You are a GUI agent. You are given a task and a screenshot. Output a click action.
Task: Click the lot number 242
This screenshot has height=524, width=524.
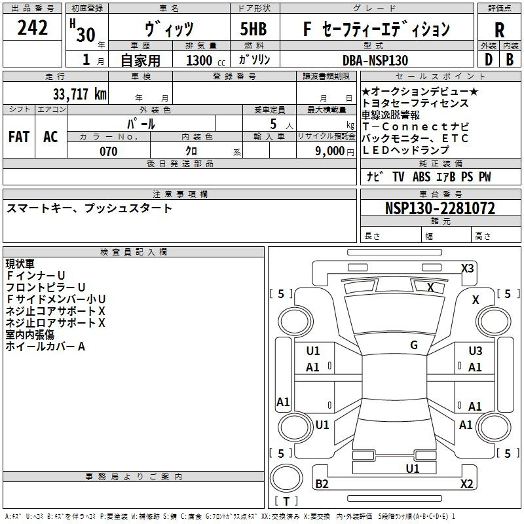pos(32,28)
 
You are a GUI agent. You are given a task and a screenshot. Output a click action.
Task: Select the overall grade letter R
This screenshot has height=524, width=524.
pos(499,30)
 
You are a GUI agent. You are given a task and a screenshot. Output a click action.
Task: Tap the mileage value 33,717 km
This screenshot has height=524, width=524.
pos(79,94)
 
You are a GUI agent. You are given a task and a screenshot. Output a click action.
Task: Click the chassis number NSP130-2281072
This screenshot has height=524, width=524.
pos(440,208)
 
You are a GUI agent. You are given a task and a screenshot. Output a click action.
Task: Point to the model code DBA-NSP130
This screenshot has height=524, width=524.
pos(375,60)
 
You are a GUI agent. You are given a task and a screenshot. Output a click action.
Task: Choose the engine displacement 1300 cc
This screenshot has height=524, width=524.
pos(206,60)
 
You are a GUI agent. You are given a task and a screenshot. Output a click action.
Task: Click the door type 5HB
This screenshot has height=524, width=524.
pos(253,29)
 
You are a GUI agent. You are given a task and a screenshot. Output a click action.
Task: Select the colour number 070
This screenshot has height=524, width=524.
pos(109,151)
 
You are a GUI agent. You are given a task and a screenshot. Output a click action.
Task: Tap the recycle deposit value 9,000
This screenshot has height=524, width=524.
pos(330,151)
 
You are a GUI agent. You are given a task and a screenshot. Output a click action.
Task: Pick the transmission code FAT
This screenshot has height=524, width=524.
pos(19,137)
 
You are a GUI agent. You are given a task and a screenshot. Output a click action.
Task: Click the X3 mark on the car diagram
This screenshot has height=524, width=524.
pos(467,269)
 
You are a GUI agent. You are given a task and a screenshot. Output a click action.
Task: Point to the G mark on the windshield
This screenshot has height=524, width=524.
pos(414,345)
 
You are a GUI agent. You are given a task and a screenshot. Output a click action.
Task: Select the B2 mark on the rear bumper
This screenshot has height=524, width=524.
pos(322,483)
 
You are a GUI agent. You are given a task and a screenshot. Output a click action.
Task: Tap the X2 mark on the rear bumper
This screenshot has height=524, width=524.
pos(466,483)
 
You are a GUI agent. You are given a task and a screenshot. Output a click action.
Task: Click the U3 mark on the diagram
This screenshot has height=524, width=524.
pos(476,351)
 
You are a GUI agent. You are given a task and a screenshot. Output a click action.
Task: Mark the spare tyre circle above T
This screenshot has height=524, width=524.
pos(286,478)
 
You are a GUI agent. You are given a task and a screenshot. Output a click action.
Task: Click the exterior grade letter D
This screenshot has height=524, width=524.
pos(489,60)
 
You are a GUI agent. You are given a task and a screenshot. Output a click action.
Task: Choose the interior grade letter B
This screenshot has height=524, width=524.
pos(510,60)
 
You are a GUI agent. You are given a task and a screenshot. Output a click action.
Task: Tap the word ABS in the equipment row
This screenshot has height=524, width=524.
pos(421,177)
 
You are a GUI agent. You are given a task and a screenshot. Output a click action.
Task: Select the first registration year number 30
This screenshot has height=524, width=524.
pos(86,35)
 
